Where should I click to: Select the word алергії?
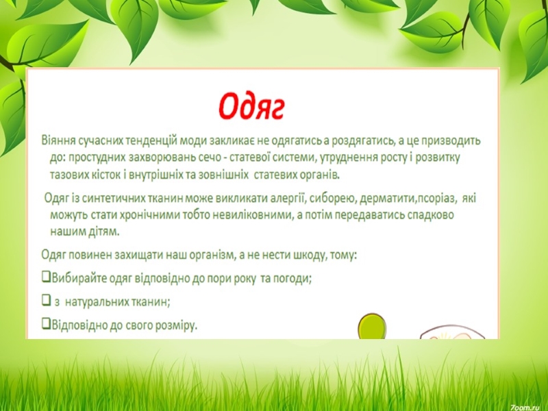(288, 198)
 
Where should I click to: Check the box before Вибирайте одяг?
(46, 277)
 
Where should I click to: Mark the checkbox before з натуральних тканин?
(46, 300)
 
